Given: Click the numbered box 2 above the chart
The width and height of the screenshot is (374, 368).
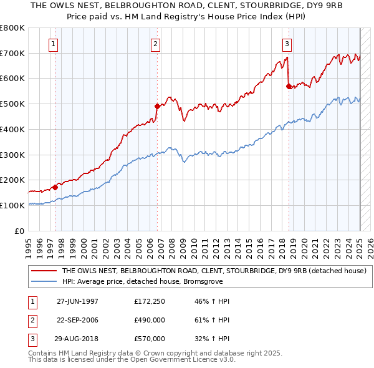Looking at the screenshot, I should pos(155,44).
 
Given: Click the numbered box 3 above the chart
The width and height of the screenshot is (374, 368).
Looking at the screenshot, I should pos(287,44).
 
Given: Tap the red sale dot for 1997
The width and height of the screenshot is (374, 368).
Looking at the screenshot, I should pos(55,186).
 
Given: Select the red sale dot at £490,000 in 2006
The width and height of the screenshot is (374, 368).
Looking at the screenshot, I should pos(158,106).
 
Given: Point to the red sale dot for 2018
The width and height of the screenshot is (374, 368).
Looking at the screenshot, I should pos(289,86).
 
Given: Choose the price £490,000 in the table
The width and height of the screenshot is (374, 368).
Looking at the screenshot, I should pos(150,320).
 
